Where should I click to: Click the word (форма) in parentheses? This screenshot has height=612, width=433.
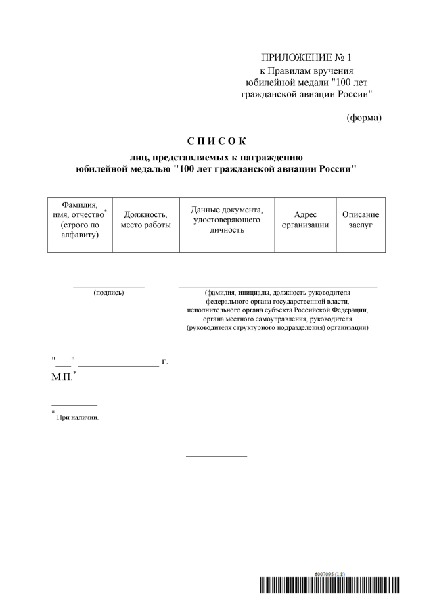click(x=364, y=117)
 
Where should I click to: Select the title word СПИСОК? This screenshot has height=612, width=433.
click(x=216, y=141)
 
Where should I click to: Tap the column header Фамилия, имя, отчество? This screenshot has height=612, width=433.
click(x=80, y=219)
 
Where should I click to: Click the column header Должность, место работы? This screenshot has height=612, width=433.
click(x=145, y=219)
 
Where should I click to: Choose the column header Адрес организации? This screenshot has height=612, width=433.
click(x=305, y=219)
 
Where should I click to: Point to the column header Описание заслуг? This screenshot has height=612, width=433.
click(x=361, y=219)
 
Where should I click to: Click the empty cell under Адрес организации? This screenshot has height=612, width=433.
click(x=305, y=247)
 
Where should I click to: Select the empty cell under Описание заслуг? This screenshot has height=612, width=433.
click(x=361, y=247)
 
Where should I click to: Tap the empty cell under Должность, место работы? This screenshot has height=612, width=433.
click(x=145, y=247)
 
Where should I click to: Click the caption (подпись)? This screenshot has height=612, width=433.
click(x=109, y=293)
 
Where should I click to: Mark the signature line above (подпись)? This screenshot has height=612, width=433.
click(x=109, y=287)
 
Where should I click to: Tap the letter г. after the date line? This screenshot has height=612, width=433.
click(x=164, y=362)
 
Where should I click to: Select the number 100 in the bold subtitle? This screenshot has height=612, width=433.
click(x=189, y=169)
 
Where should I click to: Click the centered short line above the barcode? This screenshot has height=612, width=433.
click(x=216, y=456)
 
